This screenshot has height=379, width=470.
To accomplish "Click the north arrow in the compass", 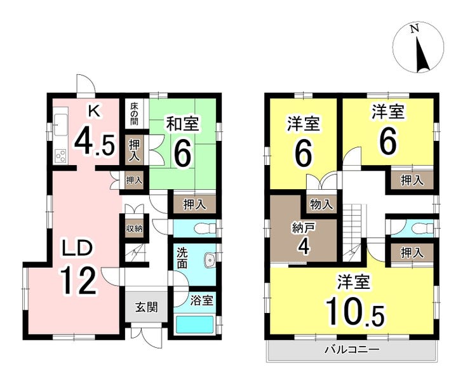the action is pyautogui.click(x=422, y=55).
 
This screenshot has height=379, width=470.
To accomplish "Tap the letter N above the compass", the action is pyautogui.click(x=415, y=29).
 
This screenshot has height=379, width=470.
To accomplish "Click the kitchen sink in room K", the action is pyautogui.click(x=61, y=124).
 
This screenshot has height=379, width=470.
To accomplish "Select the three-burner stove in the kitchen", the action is pyautogui.click(x=61, y=156).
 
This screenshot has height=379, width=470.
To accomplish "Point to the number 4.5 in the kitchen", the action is pyautogui.click(x=94, y=143).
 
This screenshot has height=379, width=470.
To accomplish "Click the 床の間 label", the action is pyautogui.click(x=134, y=114).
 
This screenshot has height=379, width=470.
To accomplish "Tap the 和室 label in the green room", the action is pyautogui.click(x=182, y=124).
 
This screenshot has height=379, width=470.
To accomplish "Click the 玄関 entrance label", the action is pyautogui.click(x=147, y=307).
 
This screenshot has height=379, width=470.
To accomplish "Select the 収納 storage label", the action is pyautogui.click(x=134, y=229).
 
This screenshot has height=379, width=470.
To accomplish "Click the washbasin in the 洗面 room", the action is pyautogui.click(x=209, y=260).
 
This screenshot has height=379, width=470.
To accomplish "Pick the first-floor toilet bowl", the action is pyautogui.click(x=205, y=229).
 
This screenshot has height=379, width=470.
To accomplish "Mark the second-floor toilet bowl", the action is pyautogui.click(x=422, y=229).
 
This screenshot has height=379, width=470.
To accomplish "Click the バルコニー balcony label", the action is pyautogui.click(x=352, y=349).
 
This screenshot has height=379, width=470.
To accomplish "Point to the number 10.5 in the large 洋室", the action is pyautogui.click(x=355, y=312).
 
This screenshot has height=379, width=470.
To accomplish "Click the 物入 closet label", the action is pyautogui.click(x=321, y=205).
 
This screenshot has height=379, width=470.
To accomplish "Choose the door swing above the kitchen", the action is pyautogui.click(x=85, y=84).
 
